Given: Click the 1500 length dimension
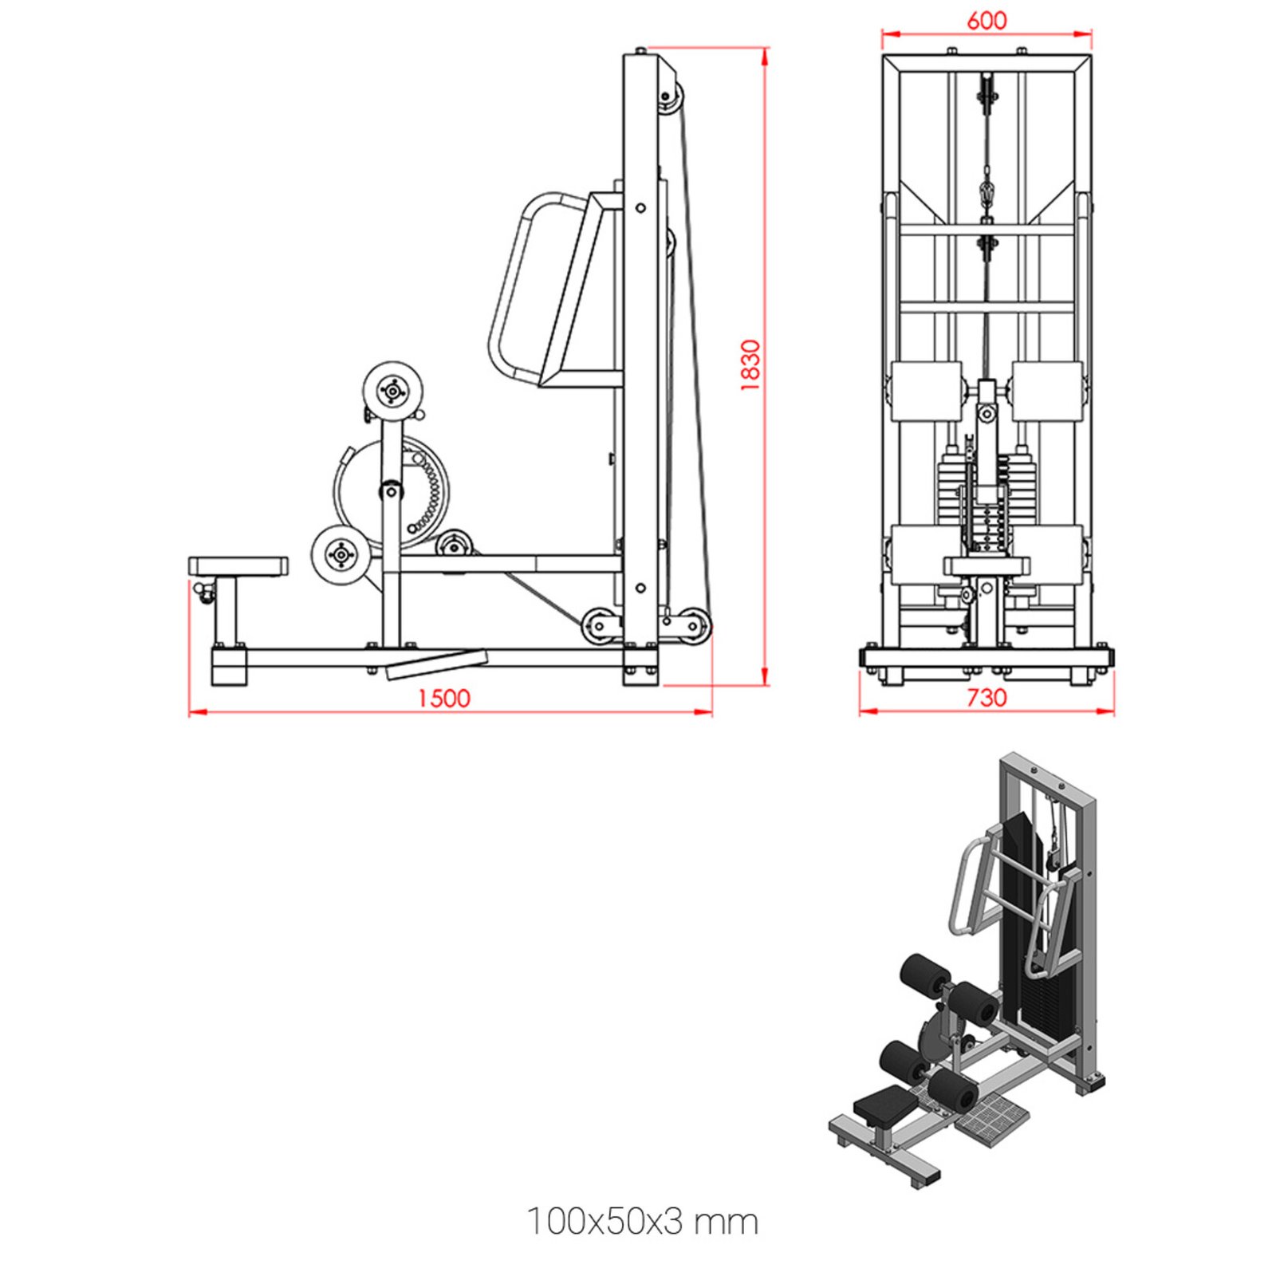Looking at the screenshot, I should [x=443, y=698].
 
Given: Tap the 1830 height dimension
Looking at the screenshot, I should [x=750, y=364].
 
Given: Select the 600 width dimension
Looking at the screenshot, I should [x=987, y=20].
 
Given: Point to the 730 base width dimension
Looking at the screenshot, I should [x=987, y=697].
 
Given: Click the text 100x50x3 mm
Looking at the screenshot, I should [x=642, y=1221].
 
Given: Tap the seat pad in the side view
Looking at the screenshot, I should [x=238, y=566].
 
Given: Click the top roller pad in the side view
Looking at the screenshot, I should [x=392, y=391].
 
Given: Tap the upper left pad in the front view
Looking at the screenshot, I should [x=927, y=391].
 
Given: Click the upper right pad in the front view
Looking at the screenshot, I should [x=1047, y=391].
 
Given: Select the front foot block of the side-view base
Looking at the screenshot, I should [x=230, y=667].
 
